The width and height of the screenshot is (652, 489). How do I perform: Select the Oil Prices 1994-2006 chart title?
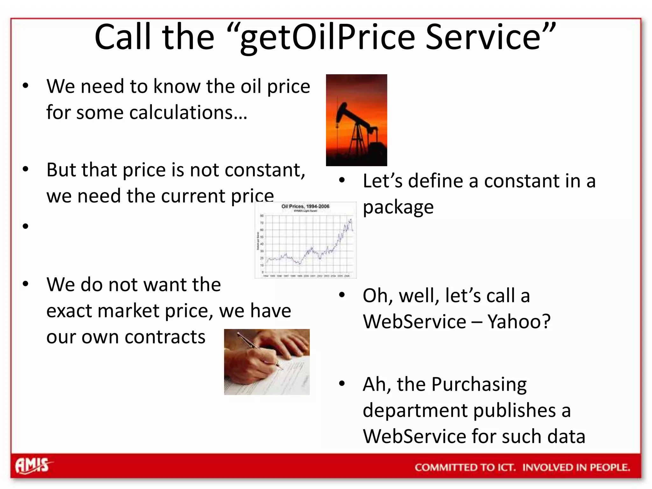pyautogui.click(x=305, y=206)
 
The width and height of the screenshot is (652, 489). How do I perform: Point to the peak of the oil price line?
pyautogui.click(x=351, y=220)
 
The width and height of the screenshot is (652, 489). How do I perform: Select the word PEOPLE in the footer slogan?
pyautogui.click(x=610, y=467)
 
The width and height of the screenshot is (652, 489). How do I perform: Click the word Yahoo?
pyautogui.click(x=519, y=322)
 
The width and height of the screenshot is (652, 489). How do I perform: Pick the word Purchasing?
pyautogui.click(x=479, y=385)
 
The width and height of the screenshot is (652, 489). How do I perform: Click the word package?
pyautogui.click(x=398, y=208)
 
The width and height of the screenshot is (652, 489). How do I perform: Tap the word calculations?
pyautogui.click(x=185, y=113)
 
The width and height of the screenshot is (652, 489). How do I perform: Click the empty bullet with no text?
pyautogui.click(x=26, y=226)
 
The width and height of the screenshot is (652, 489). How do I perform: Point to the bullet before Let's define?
pyautogui.click(x=342, y=181)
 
